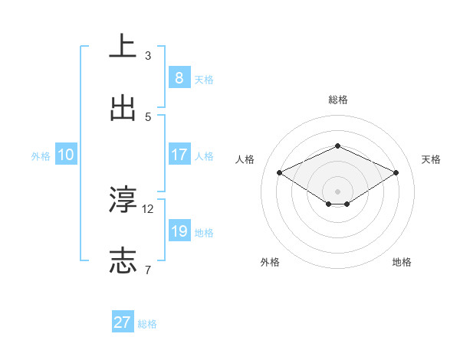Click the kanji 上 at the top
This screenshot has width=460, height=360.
pos(123,47)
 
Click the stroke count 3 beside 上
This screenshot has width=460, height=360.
pos(148,56)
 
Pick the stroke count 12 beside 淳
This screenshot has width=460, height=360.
pos(148,208)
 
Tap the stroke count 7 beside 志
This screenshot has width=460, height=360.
pos(148,270)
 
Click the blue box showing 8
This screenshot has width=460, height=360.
pos(179,78)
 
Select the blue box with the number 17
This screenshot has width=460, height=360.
pos(179,155)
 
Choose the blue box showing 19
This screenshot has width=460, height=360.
pos(179,231)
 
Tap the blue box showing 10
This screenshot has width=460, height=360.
pos(66,155)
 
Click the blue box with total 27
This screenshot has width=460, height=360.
pos(123,322)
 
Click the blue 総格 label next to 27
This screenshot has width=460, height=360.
pos(147,324)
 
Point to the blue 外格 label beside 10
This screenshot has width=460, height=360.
pos(41,156)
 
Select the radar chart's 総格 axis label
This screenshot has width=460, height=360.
pos(337,100)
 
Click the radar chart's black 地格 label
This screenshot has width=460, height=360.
pos(402,262)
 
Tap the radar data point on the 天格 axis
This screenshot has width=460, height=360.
pos(396,173)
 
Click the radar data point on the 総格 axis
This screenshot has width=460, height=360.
pos(337,146)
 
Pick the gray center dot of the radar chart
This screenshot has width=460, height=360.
pos(337,191)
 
